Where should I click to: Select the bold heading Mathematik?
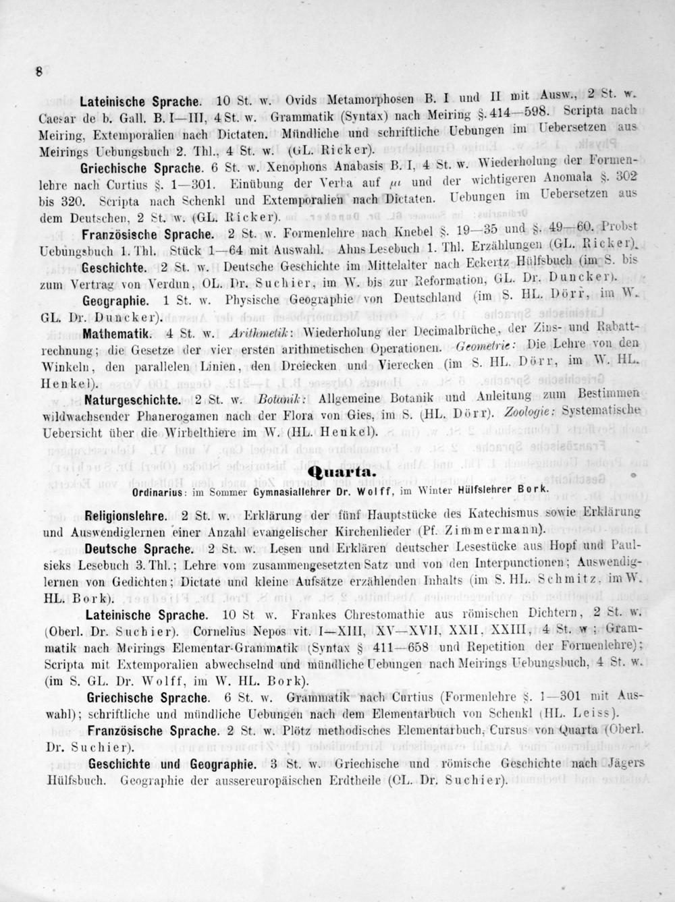click(x=119, y=334)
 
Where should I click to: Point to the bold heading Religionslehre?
click(x=126, y=517)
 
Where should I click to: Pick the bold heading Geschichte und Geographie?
click(x=171, y=764)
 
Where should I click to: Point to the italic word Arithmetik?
click(x=260, y=334)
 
